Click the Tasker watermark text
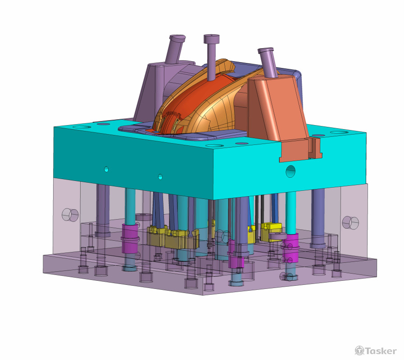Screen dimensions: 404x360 click(x=381, y=351)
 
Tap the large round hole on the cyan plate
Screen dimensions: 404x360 click(x=291, y=171)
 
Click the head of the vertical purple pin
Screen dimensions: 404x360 click(x=212, y=39)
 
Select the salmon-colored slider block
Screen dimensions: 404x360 click(x=278, y=108)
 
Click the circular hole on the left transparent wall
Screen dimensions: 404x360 click(x=70, y=215)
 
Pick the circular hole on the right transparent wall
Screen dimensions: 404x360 click(x=350, y=222)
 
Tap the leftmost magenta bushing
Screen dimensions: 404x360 click(x=130, y=238)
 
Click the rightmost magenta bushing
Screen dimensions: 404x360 click(x=291, y=248)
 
